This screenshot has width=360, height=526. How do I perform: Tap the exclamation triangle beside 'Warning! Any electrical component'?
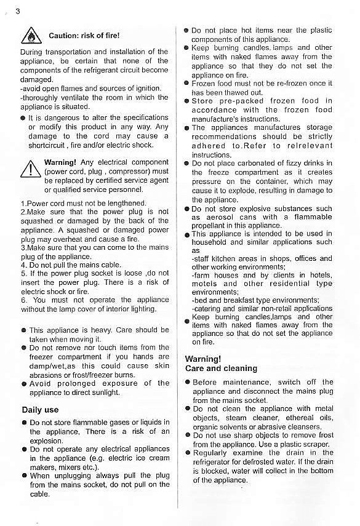[31, 168]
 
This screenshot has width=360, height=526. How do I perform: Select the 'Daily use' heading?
[40, 410]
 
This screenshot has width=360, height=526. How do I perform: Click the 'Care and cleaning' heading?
[221, 369]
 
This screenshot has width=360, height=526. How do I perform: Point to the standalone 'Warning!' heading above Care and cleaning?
[202, 359]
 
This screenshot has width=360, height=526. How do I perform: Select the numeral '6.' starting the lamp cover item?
[24, 300]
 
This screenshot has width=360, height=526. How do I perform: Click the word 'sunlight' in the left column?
[105, 392]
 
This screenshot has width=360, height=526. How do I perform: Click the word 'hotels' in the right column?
[319, 276]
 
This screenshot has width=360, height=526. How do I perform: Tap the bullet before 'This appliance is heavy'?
[23, 330]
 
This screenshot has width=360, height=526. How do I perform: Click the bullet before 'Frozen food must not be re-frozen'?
[186, 82]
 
